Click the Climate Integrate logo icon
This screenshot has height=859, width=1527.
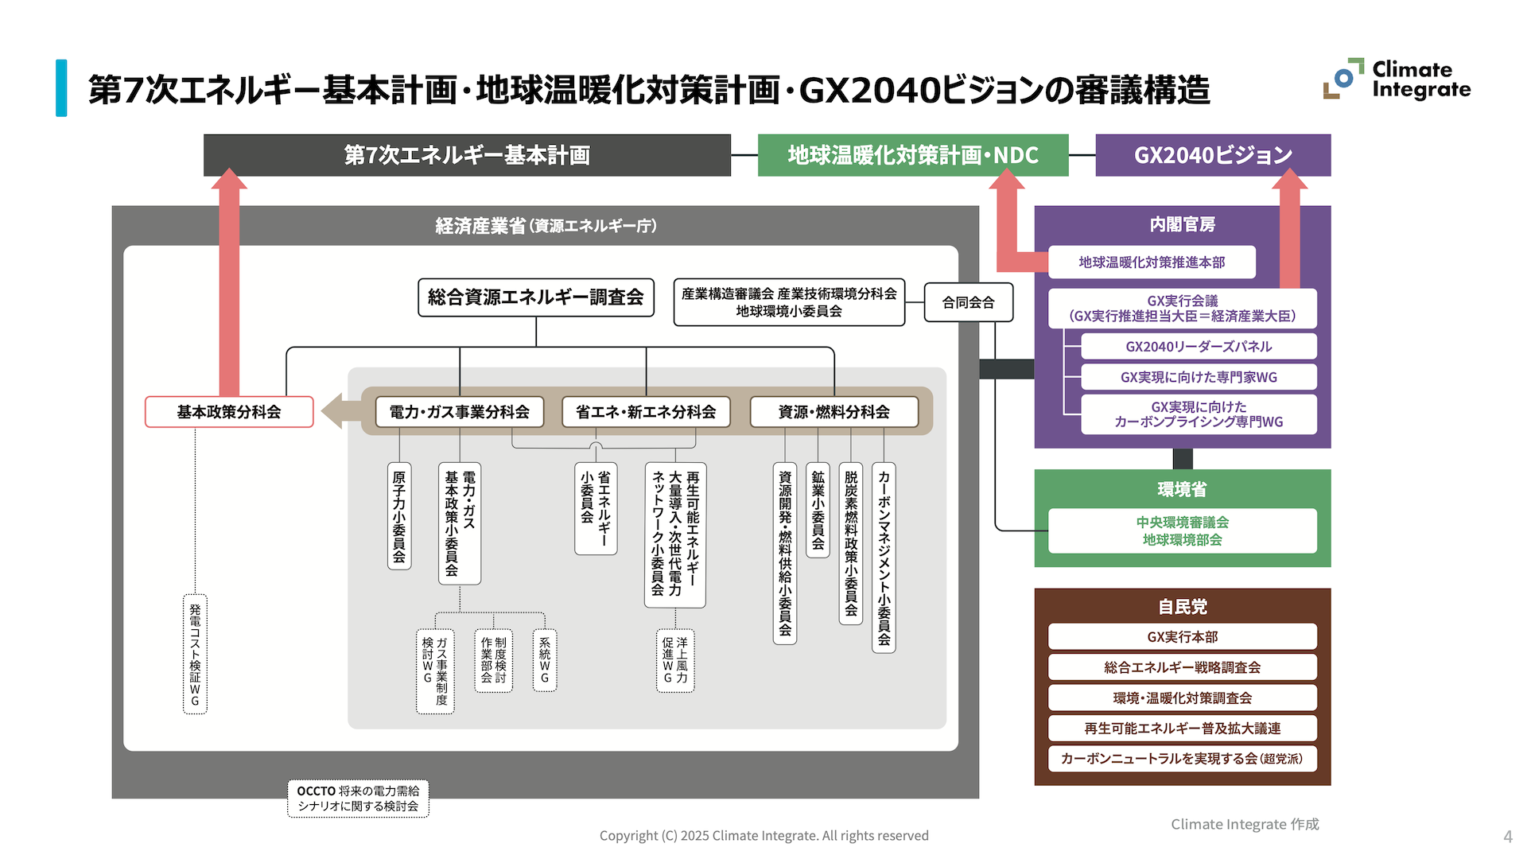pos(1342,79)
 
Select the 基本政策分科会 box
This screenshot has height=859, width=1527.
pos(229,412)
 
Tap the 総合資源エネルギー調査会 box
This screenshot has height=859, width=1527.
pos(536,297)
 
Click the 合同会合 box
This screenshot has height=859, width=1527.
pos(968,302)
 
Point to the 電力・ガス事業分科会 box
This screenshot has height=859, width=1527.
pos(459,412)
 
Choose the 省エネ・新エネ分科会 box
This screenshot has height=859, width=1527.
pos(646,412)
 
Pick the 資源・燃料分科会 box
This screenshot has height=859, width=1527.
pos(833,412)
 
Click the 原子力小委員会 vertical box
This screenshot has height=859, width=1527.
pos(399,515)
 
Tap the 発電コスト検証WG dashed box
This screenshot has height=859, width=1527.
pos(195,654)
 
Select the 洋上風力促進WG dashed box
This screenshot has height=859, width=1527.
pos(675,660)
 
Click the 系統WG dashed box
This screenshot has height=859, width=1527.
pos(545,660)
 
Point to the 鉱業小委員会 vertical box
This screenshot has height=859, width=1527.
pos(818,509)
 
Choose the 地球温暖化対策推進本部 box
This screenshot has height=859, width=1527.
pos(1152,262)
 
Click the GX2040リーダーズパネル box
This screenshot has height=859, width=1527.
pos(1199,347)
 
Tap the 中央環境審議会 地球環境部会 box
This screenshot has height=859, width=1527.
pos(1182,531)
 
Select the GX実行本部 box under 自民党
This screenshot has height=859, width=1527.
pos(1182,636)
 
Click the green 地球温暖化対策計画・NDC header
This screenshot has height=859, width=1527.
pos(913,155)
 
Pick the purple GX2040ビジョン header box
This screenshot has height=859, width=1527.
pos(1213,155)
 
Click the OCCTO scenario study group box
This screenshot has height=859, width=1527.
pos(358,799)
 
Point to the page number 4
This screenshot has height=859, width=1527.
pos(1507,837)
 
